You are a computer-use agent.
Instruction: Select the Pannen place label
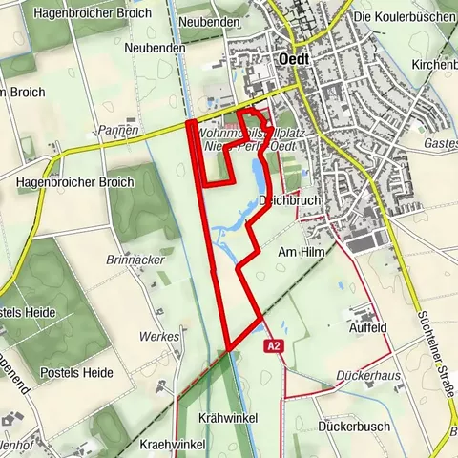point(118,129)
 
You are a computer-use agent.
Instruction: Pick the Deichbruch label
point(290,200)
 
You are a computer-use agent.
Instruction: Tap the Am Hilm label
point(296,253)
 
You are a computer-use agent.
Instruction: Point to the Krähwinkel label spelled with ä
point(228,419)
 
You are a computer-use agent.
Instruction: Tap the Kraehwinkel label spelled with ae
point(173,445)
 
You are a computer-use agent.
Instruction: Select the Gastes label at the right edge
point(440,142)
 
